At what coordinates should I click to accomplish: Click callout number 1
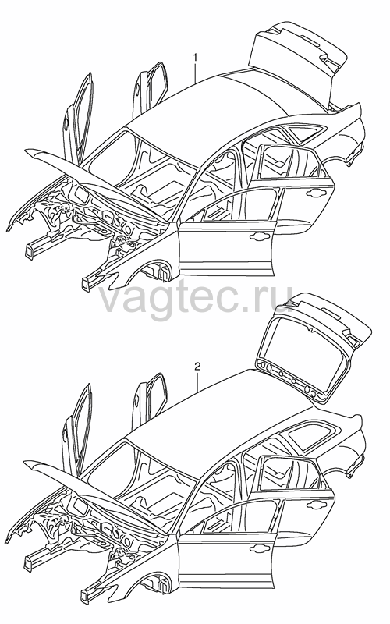[195, 58]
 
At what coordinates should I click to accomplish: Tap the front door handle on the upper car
[259, 237]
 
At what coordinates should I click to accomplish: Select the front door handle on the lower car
[259, 548]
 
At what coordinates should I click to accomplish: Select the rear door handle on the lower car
[317, 504]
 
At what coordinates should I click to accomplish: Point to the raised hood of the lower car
[95, 489]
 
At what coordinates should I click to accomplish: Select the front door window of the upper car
[239, 205]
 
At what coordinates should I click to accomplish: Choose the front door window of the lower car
[239, 516]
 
